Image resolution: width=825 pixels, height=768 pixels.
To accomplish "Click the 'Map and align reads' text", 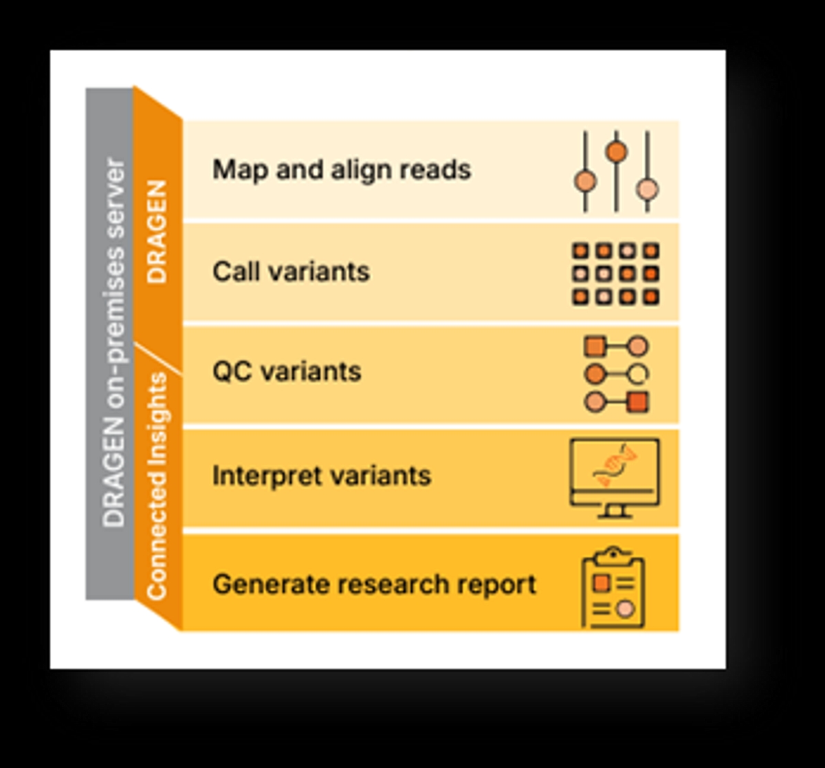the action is coord(342,171).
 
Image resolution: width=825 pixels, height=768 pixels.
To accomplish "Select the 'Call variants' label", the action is coord(291,272).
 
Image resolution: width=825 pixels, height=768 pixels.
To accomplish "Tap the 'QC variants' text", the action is coord(287,371).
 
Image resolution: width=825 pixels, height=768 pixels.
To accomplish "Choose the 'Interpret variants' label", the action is coord(322,475).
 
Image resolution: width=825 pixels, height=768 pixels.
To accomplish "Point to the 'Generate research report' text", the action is coord(374,584).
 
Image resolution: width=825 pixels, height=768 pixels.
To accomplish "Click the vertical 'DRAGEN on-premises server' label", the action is coord(113,342).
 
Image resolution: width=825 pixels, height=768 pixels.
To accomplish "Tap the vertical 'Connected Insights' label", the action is coord(157,486).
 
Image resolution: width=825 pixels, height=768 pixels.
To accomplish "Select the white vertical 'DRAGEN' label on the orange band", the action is coord(157,232).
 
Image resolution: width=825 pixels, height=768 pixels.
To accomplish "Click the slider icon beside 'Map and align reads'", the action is coord(616,171).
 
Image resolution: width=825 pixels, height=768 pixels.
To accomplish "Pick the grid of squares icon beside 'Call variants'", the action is coord(615,274).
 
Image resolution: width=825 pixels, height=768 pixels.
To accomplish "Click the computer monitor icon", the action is coord(615,479).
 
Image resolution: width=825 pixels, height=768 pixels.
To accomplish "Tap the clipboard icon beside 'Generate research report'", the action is coord(613,587).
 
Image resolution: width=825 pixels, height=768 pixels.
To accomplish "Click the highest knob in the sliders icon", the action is coord(617,151).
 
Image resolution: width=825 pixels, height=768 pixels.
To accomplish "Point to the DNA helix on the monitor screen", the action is coord(615,465).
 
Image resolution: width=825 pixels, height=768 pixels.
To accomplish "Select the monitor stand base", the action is coord(615,516).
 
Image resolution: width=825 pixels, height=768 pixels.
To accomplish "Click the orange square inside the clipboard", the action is coord(601,582).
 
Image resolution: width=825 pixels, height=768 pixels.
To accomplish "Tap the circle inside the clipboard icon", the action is coord(625,609).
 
